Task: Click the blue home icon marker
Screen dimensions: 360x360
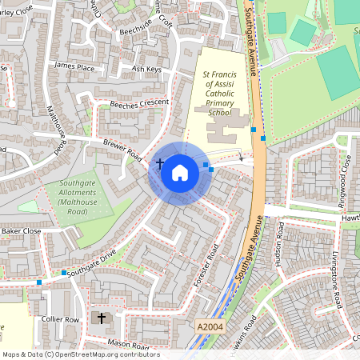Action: pyautogui.click(x=180, y=171)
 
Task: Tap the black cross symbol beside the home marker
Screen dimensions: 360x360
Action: pyautogui.click(x=160, y=163)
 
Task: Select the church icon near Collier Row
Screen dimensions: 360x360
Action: pyautogui.click(x=102, y=318)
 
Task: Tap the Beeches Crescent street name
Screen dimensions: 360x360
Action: pyautogui.click(x=139, y=105)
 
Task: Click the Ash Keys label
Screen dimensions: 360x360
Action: pyautogui.click(x=146, y=70)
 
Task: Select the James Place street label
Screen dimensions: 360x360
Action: pyautogui.click(x=74, y=66)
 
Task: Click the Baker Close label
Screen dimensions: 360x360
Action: pyautogui.click(x=20, y=231)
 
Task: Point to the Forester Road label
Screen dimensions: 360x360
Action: pyautogui.click(x=206, y=265)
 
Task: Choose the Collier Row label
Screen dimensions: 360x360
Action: pyautogui.click(x=61, y=320)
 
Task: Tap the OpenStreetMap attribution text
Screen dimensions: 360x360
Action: pyautogui.click(x=81, y=354)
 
